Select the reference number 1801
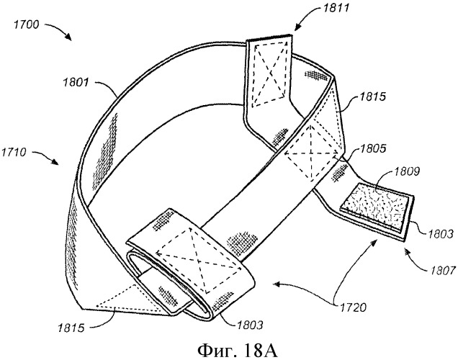click(86, 85)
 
